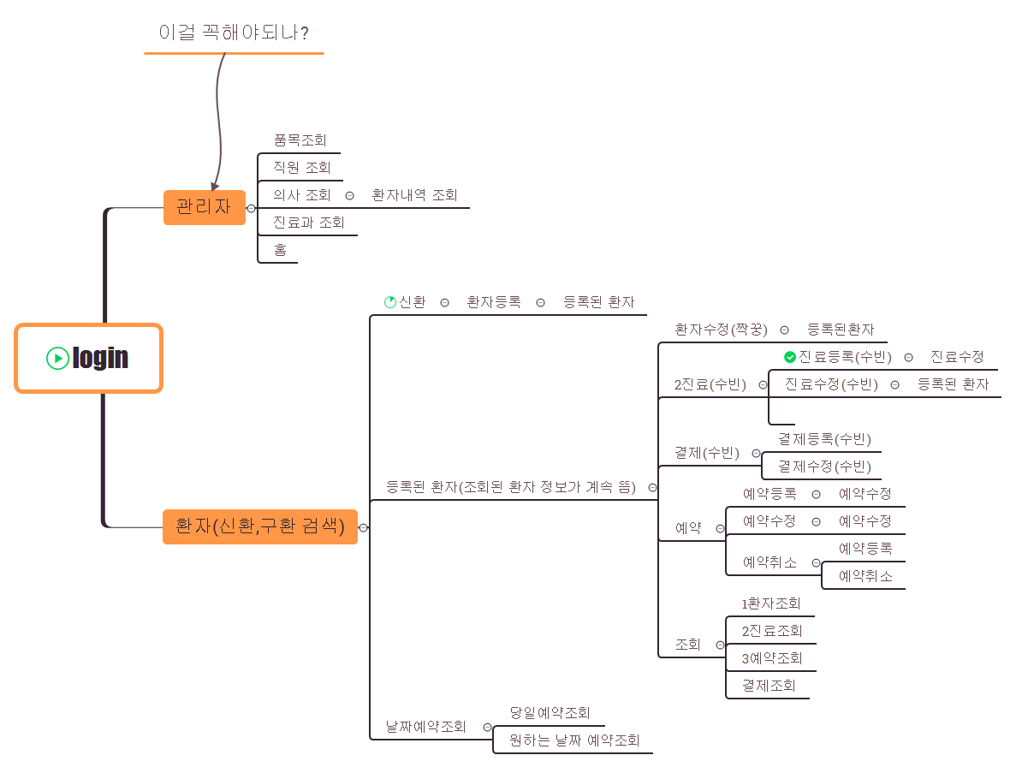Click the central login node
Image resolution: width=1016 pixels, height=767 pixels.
pyautogui.click(x=88, y=358)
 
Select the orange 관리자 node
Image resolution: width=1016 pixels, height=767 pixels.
pyautogui.click(x=204, y=207)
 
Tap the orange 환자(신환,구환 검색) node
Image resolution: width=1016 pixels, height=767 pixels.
pyautogui.click(x=260, y=526)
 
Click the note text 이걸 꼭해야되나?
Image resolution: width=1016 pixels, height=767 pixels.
pyautogui.click(x=234, y=33)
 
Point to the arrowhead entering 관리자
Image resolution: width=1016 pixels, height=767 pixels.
pyautogui.click(x=215, y=187)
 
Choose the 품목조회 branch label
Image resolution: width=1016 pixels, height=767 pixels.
pyautogui.click(x=300, y=140)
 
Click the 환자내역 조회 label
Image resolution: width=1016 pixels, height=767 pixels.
pyautogui.click(x=414, y=195)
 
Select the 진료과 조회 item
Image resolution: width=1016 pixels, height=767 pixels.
pyautogui.click(x=308, y=223)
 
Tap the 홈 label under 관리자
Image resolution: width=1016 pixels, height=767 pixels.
pyautogui.click(x=280, y=249)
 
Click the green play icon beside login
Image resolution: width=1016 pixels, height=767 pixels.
pyautogui.click(x=57, y=358)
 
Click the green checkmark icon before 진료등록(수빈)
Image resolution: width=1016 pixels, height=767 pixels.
pyautogui.click(x=790, y=357)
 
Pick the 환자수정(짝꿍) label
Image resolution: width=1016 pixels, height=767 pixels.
pyautogui.click(x=722, y=330)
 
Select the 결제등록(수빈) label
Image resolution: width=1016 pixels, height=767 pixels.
pyautogui.click(x=824, y=439)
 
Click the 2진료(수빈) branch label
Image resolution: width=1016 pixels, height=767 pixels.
pyautogui.click(x=710, y=385)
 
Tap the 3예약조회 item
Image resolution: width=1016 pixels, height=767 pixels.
pyautogui.click(x=772, y=658)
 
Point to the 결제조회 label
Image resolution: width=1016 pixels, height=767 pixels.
pyautogui.click(x=769, y=686)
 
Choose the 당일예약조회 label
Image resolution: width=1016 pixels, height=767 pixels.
pyautogui.click(x=550, y=713)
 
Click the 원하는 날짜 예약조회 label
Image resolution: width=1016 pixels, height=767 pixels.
pyautogui.click(x=574, y=740)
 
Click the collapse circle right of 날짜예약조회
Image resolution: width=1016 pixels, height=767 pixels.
pyautogui.click(x=487, y=728)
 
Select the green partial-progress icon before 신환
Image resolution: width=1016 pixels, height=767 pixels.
pyautogui.click(x=390, y=302)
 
